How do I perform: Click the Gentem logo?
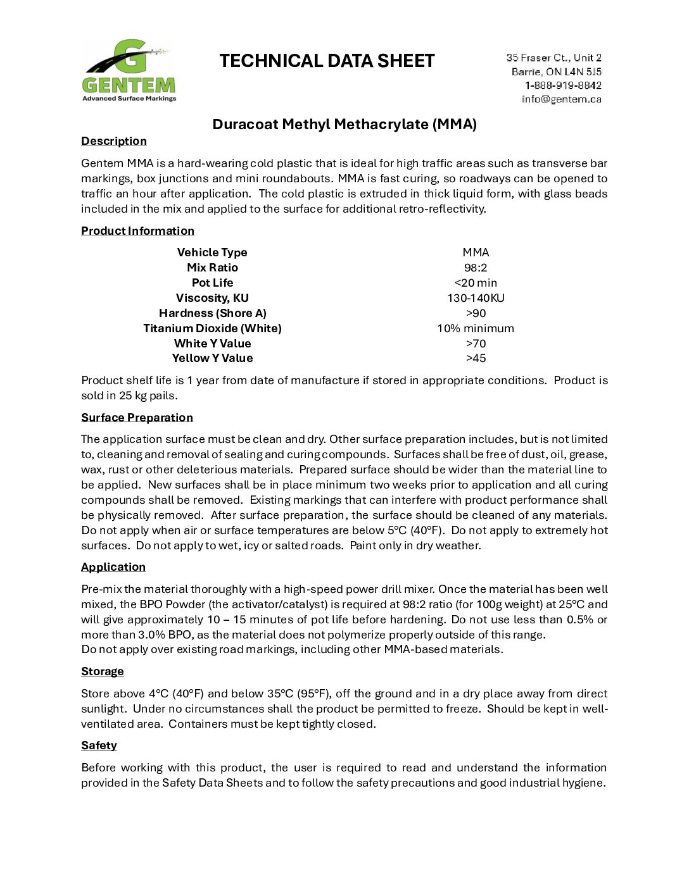129,70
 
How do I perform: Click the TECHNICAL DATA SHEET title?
327,61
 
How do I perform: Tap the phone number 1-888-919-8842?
563,85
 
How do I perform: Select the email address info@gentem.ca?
561,99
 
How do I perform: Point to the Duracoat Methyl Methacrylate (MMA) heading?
344,124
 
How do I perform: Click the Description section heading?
114,141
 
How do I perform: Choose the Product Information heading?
137,231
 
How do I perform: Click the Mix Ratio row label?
212,268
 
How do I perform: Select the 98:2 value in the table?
476,268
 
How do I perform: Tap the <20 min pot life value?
476,283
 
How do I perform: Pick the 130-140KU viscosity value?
476,298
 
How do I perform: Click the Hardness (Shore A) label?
212,313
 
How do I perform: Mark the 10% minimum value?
476,328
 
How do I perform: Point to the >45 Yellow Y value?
476,358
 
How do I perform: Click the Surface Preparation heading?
137,418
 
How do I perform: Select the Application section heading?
113,567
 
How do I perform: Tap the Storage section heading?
103,671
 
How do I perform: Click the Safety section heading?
99,745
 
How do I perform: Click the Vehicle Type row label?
212,252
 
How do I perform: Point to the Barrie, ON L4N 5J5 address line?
557,72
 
